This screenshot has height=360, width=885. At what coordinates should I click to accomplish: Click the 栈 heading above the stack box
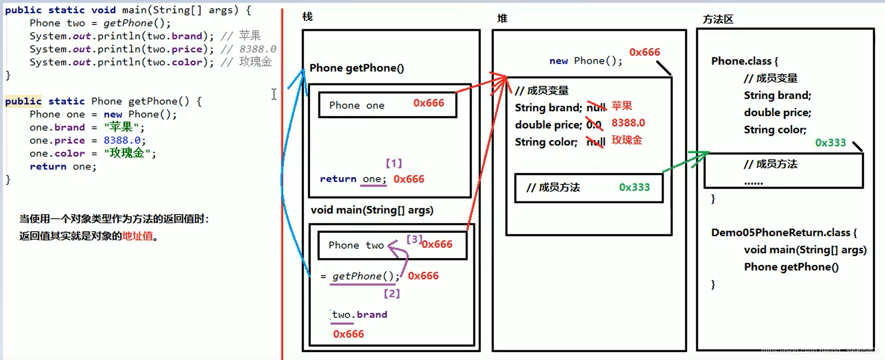(307, 17)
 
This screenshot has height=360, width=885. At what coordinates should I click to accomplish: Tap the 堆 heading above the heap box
(502, 19)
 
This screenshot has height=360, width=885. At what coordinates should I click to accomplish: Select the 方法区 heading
(718, 20)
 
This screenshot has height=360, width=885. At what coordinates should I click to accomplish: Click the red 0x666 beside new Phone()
(644, 52)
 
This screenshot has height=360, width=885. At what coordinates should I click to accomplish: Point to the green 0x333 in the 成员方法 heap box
(634, 187)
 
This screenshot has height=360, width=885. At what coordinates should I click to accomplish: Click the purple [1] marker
(394, 163)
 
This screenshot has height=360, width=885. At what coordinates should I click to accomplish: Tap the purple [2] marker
(392, 293)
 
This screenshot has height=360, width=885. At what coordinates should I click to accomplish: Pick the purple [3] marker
(414, 239)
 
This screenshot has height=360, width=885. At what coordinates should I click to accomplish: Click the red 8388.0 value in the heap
(628, 123)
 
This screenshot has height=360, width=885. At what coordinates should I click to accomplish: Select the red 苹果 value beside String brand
(622, 106)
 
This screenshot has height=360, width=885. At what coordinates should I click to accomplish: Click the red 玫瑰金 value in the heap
(627, 140)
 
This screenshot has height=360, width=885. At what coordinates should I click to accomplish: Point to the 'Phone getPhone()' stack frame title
(356, 68)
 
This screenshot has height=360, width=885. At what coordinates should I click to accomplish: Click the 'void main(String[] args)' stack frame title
(372, 210)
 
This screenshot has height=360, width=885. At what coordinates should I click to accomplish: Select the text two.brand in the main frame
(359, 315)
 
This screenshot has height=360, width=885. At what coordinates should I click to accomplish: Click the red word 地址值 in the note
(138, 236)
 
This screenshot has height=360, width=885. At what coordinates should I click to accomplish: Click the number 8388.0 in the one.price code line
(122, 140)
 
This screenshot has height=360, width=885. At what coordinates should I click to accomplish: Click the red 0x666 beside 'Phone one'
(429, 103)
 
